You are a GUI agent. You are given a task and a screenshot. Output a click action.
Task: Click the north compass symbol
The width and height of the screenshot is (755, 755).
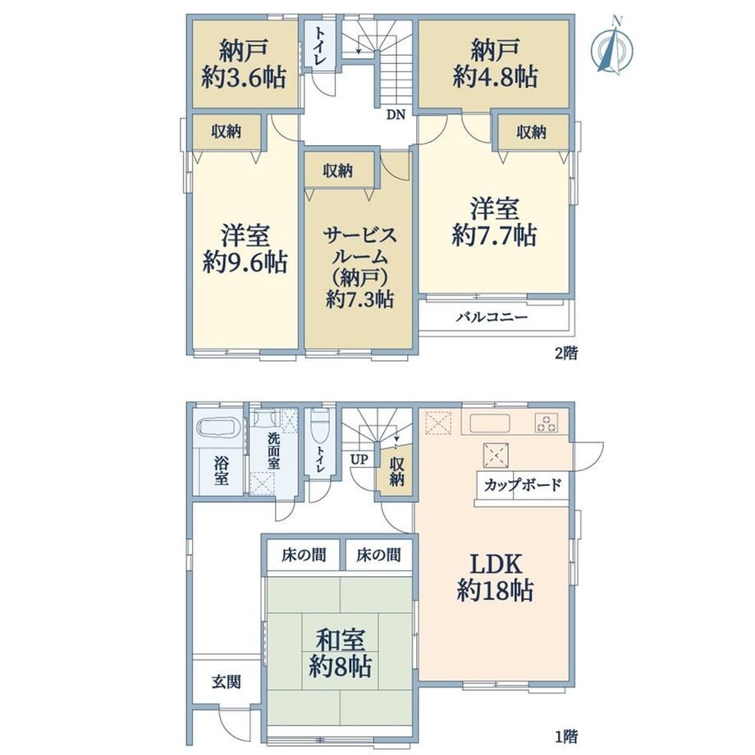tap(612, 46)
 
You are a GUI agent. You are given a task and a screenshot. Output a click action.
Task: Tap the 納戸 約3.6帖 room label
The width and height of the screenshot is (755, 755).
tap(244, 63)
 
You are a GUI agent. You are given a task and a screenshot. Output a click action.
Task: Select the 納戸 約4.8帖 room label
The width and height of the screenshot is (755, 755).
tap(495, 63)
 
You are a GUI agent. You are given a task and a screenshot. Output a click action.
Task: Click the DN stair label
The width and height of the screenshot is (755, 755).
tap(396, 115)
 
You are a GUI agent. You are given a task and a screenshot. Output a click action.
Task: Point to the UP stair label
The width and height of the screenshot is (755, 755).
tap(359, 460)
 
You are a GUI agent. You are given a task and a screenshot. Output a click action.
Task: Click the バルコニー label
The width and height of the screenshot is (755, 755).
tap(492, 318)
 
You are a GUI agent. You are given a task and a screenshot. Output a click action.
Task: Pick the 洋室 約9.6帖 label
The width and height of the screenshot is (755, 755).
tap(245, 248)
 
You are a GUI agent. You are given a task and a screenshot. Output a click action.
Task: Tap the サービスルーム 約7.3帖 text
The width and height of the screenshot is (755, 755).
tap(359, 268)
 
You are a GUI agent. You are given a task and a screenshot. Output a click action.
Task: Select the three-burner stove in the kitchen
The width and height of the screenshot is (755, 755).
tap(547, 423)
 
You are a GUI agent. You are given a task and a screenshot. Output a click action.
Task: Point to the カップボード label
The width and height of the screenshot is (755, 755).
tap(523, 484)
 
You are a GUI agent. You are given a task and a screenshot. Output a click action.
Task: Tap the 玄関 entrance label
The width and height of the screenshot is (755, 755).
tap(226, 682)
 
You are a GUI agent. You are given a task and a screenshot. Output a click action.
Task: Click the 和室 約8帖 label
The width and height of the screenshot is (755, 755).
tap(340, 653)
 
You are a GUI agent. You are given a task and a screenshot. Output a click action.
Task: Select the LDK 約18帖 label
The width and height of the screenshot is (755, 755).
tap(495, 576)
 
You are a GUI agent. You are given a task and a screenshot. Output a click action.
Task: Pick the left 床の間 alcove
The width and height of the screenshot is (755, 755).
tap(304, 555)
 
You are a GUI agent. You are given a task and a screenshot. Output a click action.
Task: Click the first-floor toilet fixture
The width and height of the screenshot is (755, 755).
tap(320, 426)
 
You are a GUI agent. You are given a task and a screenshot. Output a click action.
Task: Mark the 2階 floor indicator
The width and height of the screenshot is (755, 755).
tap(565, 354)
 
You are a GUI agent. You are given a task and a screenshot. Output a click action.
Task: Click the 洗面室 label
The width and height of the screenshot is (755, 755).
tap(273, 451)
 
